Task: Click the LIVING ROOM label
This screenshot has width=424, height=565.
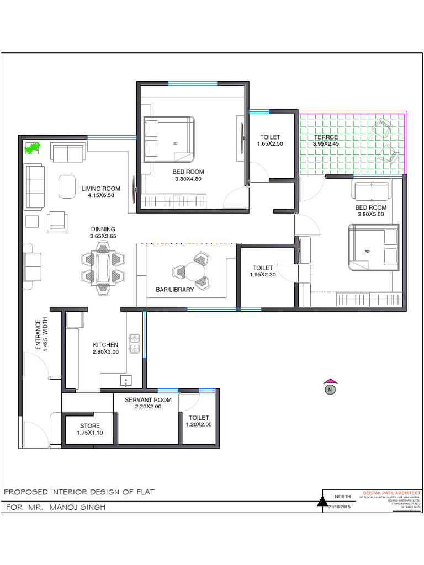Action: click(101, 189)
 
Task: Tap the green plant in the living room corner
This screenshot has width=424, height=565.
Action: click(33, 148)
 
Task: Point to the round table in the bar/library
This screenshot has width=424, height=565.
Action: click(193, 270)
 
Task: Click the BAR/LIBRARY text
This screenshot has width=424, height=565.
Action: click(175, 290)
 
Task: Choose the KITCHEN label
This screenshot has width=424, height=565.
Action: click(105, 345)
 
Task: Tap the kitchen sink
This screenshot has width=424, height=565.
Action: click(126, 380)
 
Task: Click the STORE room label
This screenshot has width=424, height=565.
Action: click(90, 426)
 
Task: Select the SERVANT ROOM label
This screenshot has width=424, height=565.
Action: click(148, 400)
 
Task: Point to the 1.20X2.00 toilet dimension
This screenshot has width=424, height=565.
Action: click(199, 425)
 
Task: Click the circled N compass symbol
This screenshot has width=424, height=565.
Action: click(330, 390)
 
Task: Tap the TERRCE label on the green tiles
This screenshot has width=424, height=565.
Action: click(326, 137)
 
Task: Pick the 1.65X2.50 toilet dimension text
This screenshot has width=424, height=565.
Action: click(270, 144)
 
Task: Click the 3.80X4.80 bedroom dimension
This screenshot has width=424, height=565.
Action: click(188, 179)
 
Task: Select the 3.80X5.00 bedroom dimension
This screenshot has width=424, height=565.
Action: click(371, 215)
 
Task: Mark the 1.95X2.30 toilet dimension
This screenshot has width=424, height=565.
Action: click(263, 275)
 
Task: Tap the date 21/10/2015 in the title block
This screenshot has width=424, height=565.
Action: click(340, 507)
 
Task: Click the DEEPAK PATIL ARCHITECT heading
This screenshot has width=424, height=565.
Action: click(391, 493)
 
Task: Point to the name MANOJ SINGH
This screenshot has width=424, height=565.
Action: click(77, 507)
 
